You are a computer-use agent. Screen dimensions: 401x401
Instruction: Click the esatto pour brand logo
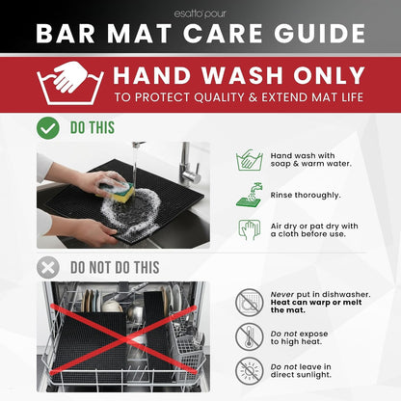200,13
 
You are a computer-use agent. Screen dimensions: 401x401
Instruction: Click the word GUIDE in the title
320,34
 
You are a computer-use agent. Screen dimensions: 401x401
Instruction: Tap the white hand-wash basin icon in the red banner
70,83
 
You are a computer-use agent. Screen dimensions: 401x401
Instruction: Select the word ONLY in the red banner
329,75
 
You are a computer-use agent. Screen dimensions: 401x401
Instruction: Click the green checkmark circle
48,128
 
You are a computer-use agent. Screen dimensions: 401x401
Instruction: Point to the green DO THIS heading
93,128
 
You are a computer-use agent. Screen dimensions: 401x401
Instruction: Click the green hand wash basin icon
250,160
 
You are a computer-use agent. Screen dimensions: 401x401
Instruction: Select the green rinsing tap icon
250,195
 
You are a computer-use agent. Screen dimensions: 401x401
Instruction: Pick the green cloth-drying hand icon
250,229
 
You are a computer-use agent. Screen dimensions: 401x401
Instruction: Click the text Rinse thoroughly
306,196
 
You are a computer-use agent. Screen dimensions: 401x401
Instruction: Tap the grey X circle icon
48,267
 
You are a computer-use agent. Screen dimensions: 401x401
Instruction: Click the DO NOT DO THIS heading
115,268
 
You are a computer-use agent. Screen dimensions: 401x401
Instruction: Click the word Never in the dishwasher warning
282,294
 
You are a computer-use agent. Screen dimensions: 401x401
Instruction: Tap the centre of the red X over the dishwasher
123,339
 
